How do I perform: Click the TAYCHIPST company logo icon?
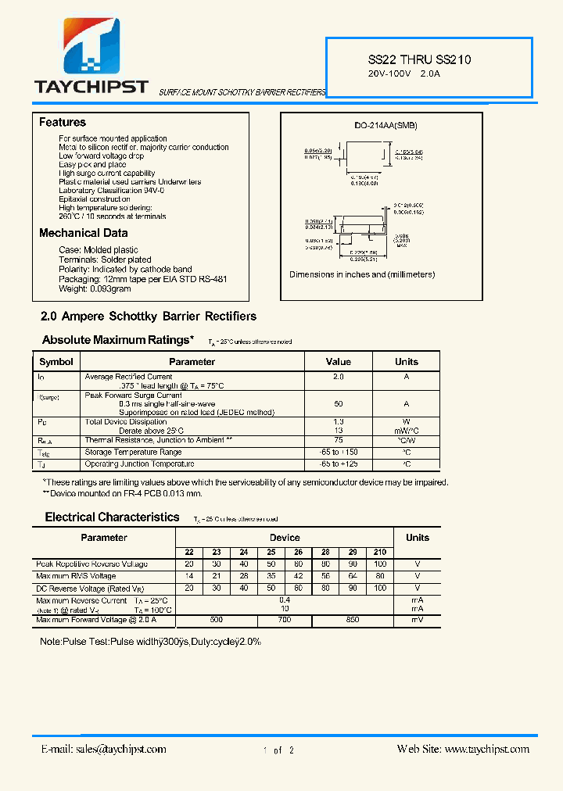tap(91, 47)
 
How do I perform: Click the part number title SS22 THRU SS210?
tap(419, 59)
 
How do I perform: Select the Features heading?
tap(63, 123)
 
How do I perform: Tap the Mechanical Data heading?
tap(84, 233)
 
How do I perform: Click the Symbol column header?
tap(56, 362)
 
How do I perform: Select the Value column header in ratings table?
tap(338, 362)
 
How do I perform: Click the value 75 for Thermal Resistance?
tap(338, 440)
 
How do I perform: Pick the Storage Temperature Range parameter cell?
tap(133, 452)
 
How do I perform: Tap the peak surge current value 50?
tap(338, 404)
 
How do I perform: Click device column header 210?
tap(380, 552)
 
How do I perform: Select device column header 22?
tap(189, 552)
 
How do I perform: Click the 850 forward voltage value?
tap(353, 620)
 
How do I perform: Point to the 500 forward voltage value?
tap(217, 620)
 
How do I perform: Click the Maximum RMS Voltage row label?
tap(76, 576)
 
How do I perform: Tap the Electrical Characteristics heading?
tap(112, 517)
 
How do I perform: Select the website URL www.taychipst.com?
tap(486, 749)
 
